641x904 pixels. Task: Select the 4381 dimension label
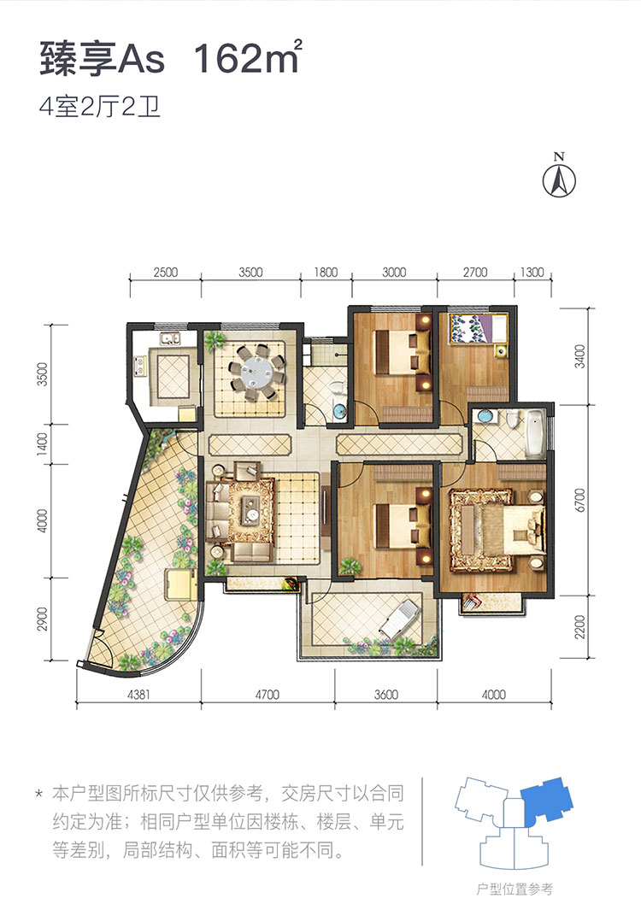(x=138, y=694)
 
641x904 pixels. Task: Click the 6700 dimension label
(x=580, y=500)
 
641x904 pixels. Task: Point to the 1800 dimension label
(x=326, y=272)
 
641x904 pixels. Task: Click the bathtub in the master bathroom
(x=536, y=433)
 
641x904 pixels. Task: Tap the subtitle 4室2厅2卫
(x=99, y=108)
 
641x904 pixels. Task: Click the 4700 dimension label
(x=267, y=694)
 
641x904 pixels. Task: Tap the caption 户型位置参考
(x=515, y=889)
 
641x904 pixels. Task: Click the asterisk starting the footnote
(x=39, y=795)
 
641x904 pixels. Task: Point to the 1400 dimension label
(x=42, y=444)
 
